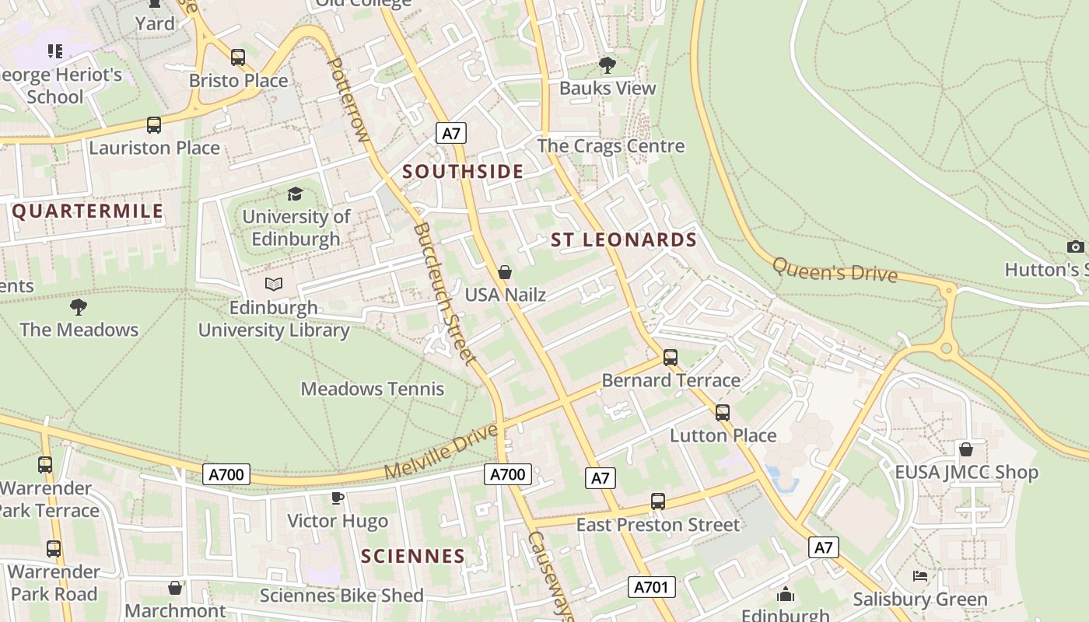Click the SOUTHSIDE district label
coord(463,172)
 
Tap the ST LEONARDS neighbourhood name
coord(624,239)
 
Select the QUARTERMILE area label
coord(88,211)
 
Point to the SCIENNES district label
coord(413,556)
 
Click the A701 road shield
coord(651,587)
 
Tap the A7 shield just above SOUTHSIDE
coord(451,134)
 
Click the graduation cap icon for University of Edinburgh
coord(295,194)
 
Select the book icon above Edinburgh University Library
coord(273,285)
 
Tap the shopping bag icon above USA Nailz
coord(505,272)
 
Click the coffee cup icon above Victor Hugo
coord(337,498)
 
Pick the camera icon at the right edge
coord(1076,246)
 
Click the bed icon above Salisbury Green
coord(920,576)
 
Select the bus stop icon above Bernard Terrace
coord(671,358)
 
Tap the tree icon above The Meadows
coord(79,306)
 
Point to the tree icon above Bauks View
coord(608,65)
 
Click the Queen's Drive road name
coord(835,270)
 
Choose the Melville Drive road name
coord(440,453)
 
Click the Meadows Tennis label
coord(373,389)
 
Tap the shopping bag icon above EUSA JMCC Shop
coord(965,449)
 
